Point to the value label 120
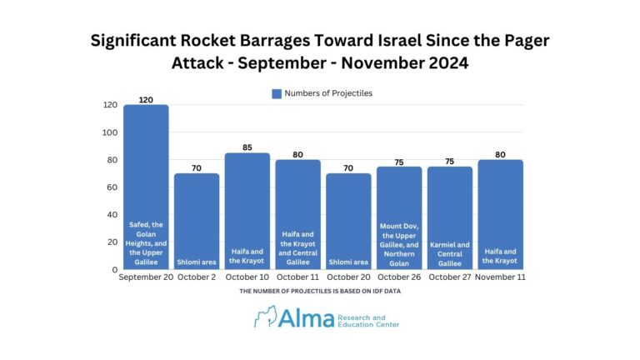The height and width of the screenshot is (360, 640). pyautogui.click(x=147, y=99)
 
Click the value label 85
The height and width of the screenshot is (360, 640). pyautogui.click(x=247, y=147)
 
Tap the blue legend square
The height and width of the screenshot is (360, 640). pyautogui.click(x=277, y=93)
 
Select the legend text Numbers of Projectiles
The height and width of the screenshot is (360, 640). pyautogui.click(x=328, y=93)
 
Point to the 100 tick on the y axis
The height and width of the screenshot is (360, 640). pyautogui.click(x=109, y=132)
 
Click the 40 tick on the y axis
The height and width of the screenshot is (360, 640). pyautogui.click(x=112, y=215)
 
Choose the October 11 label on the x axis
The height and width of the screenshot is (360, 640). pyautogui.click(x=297, y=277)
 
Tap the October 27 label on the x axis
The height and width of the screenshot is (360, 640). pyautogui.click(x=449, y=277)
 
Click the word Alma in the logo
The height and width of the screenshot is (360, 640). pyautogui.click(x=306, y=317)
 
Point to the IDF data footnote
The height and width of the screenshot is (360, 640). pyautogui.click(x=320, y=292)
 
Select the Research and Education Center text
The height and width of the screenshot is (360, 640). pyautogui.click(x=367, y=320)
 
